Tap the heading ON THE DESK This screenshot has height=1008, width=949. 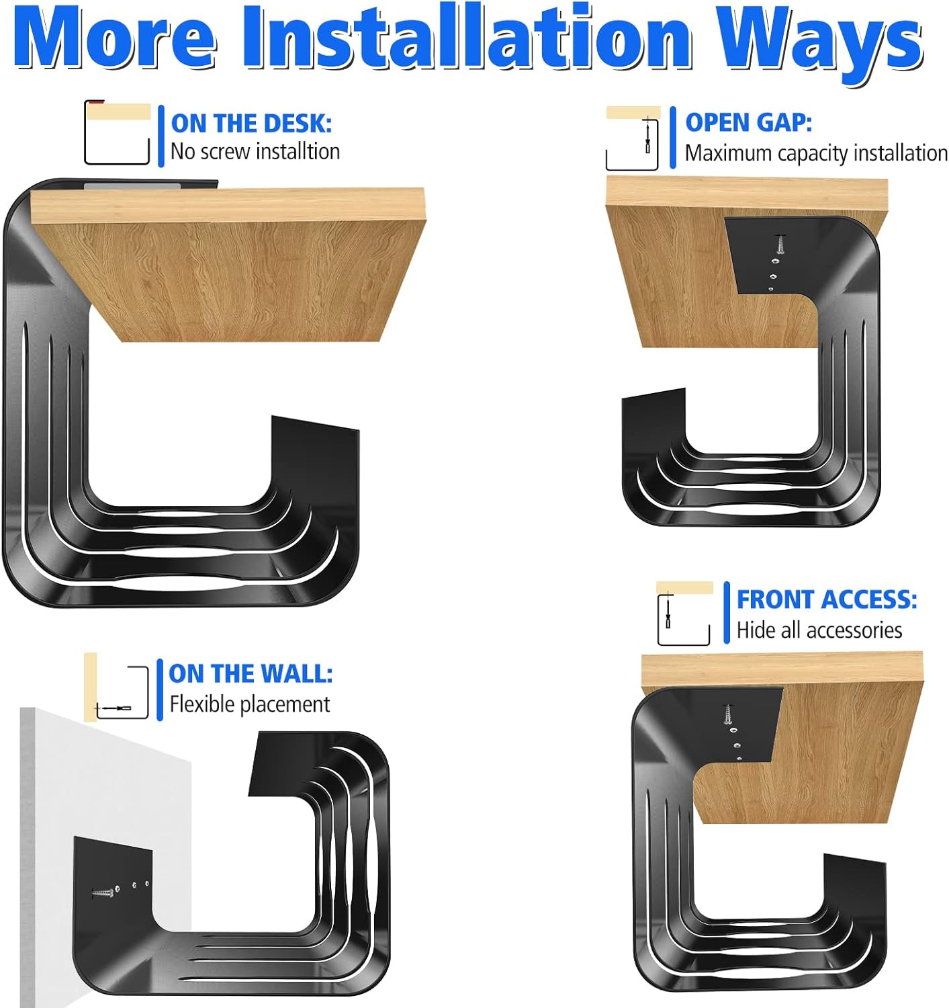[251, 124]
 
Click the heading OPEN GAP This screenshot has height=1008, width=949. [748, 122]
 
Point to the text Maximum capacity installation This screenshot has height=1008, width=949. [815, 153]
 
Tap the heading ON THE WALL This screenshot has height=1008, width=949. [250, 673]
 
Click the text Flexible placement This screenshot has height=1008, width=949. [249, 704]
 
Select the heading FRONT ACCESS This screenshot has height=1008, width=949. [826, 599]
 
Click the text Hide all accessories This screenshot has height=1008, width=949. [819, 630]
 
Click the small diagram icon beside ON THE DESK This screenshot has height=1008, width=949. [117, 132]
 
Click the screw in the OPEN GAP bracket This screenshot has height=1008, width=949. [780, 243]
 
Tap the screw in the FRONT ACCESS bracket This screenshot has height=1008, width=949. [727, 714]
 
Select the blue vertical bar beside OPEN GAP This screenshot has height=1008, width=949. [673, 138]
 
